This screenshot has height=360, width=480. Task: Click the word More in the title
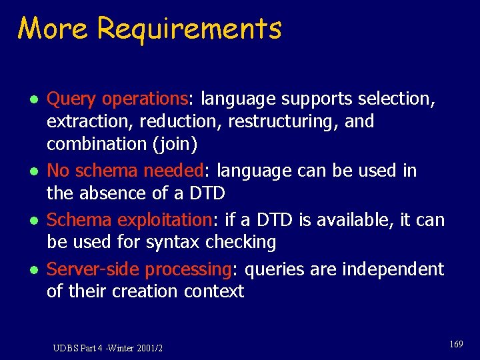pos(54,29)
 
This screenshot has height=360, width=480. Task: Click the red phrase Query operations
pos(117,99)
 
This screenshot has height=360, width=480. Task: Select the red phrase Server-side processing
pos(138,269)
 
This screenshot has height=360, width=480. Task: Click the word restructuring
pos(285,122)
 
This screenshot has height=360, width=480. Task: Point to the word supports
pos(317,99)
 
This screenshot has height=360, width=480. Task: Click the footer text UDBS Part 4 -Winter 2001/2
pos(108,348)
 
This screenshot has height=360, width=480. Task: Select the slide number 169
pos(456,344)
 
